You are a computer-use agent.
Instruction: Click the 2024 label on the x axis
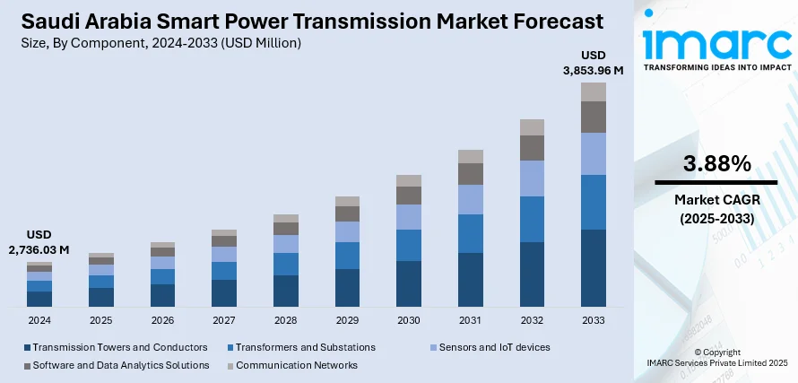pyautogui.click(x=39, y=320)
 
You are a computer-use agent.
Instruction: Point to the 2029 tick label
pyautogui.click(x=347, y=320)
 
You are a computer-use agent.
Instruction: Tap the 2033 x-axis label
pyautogui.click(x=594, y=320)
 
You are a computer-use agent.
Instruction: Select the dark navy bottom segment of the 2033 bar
pyautogui.click(x=594, y=268)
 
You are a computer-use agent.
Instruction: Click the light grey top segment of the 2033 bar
pyautogui.click(x=594, y=91)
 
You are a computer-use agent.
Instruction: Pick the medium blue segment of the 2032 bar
pyautogui.click(x=532, y=219)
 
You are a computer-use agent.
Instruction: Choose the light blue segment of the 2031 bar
pyautogui.click(x=471, y=199)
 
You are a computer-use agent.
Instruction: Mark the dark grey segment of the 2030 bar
pyautogui.click(x=409, y=195)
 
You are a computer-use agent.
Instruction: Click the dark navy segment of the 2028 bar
pyautogui.click(x=286, y=291)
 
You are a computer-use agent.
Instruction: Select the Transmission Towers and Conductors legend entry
pyautogui.click(x=116, y=347)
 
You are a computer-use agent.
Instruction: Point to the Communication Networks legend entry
pyautogui.click(x=297, y=365)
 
